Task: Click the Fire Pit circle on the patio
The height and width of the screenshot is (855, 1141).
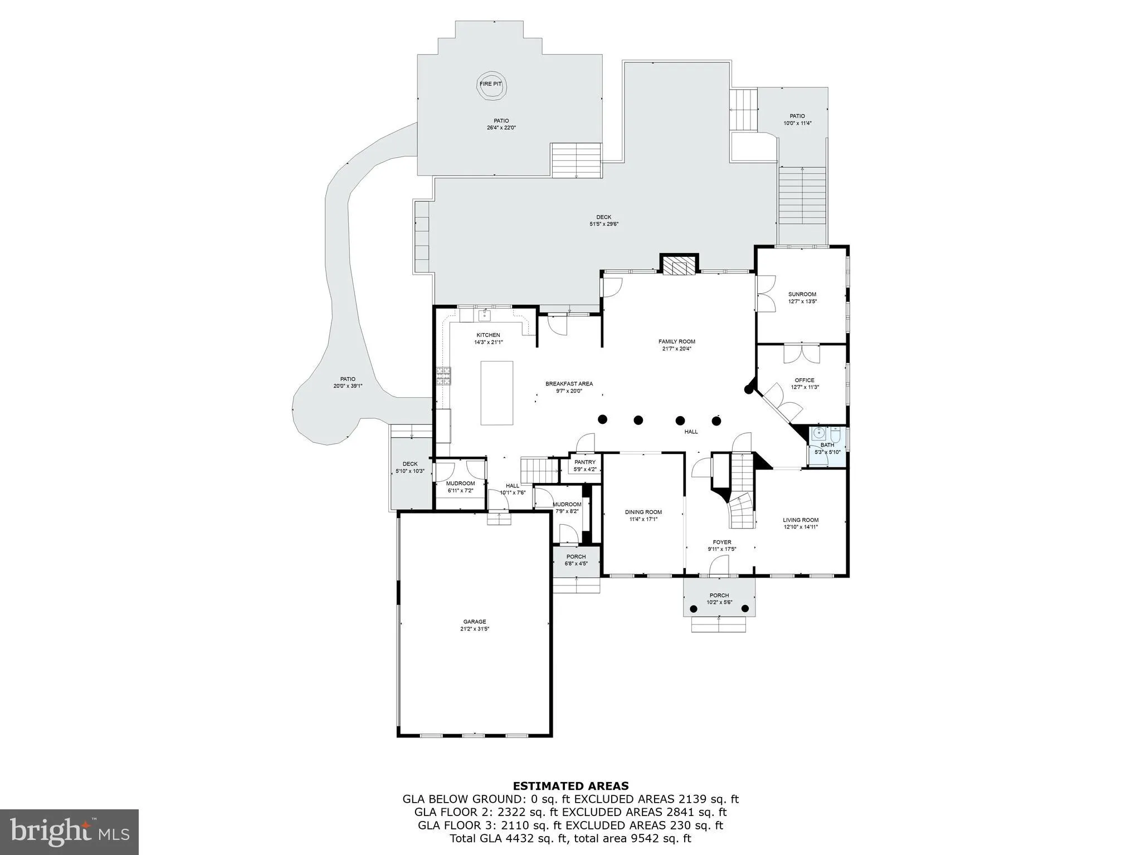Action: point(491,85)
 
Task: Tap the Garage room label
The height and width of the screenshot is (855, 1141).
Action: point(475,622)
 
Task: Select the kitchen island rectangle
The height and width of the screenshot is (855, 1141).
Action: point(497,393)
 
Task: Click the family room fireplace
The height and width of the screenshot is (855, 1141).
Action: point(679,267)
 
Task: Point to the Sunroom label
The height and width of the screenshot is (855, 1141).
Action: point(802,294)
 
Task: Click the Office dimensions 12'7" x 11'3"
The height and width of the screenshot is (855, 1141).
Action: point(804,387)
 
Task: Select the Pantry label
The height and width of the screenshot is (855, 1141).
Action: point(585,462)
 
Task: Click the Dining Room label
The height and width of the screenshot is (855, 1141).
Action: point(643,512)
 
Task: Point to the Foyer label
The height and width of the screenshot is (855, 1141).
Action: point(722,542)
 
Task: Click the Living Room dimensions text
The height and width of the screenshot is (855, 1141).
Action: point(801,527)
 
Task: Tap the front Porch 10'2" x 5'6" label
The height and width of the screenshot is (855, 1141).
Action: point(719,595)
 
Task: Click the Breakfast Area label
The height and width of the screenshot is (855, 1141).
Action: point(569,384)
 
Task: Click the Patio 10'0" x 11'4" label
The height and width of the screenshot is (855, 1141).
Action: point(797,116)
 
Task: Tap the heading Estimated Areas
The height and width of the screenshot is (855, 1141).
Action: point(570,786)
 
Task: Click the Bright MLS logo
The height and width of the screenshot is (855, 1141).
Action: point(69,832)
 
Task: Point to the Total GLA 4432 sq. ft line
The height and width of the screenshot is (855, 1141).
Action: point(570,838)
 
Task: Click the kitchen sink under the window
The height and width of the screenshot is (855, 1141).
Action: point(484,316)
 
